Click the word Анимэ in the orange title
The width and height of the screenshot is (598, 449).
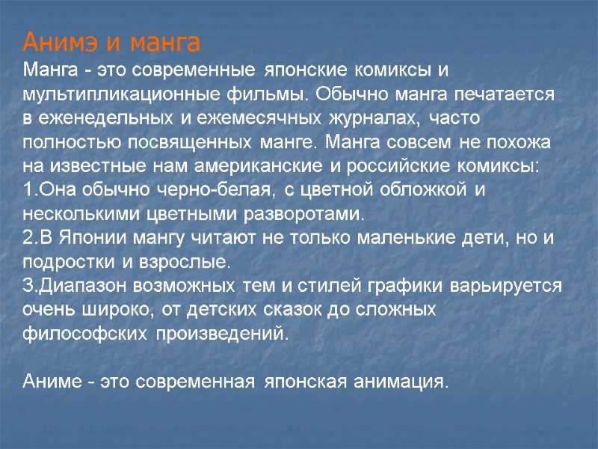tap(61, 41)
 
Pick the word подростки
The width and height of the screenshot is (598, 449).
tap(67, 263)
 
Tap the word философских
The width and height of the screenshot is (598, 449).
tap(84, 334)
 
